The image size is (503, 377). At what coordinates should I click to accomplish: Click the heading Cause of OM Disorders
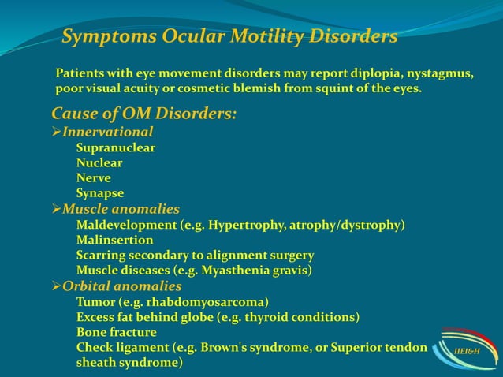(x=143, y=114)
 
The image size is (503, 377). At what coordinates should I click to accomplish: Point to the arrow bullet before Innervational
(x=57, y=132)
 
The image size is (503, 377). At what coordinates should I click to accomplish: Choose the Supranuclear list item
(x=115, y=147)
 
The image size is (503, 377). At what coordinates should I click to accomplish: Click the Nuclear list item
(x=99, y=162)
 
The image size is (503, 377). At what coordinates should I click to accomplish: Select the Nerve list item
(x=94, y=177)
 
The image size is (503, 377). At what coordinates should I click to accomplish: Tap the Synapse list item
(x=100, y=192)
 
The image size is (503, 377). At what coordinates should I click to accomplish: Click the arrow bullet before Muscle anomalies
(x=57, y=209)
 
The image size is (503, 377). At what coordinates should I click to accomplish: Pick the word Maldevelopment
(x=125, y=225)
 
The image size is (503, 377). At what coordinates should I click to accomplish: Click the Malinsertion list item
(x=114, y=240)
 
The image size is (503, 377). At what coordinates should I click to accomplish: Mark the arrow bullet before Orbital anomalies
(x=57, y=286)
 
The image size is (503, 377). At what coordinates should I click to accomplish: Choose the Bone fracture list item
(x=116, y=332)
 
